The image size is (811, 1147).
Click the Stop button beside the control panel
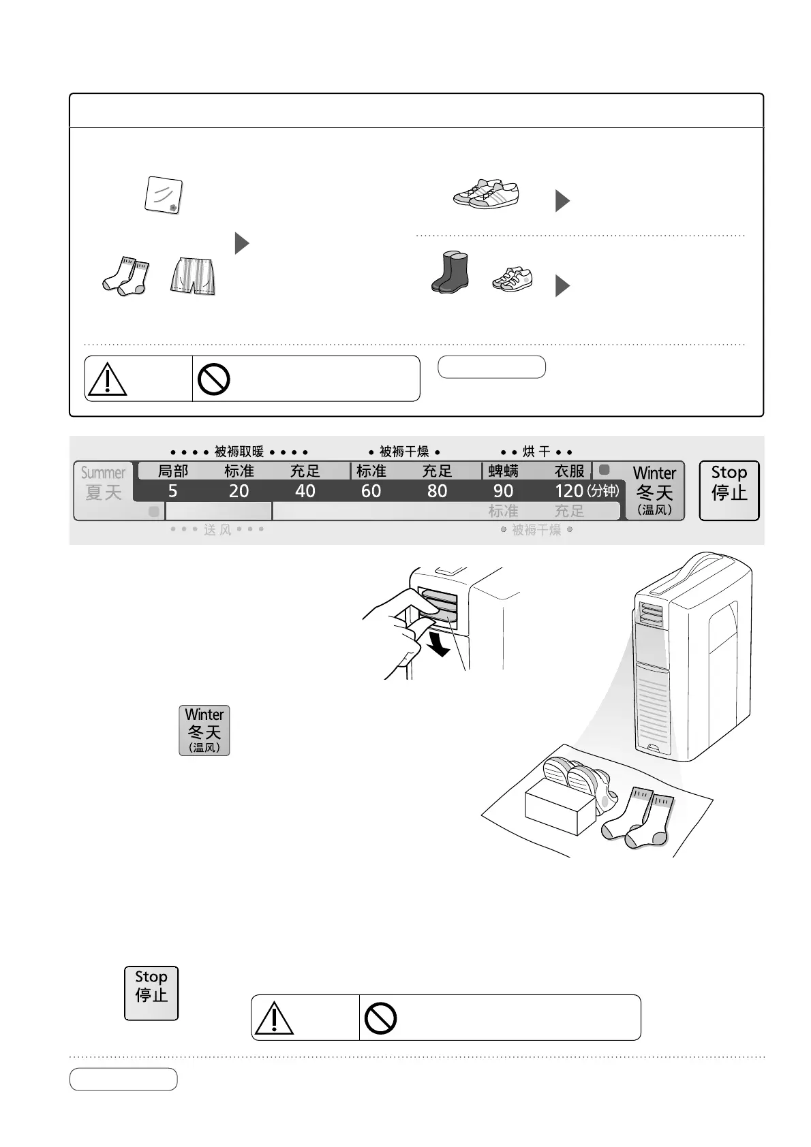pyautogui.click(x=729, y=490)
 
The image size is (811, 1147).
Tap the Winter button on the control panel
pyautogui.click(x=654, y=490)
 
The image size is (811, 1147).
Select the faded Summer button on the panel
pyautogui.click(x=103, y=483)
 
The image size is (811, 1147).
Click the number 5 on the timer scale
pyautogui.click(x=172, y=491)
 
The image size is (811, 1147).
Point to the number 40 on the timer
pyautogui.click(x=305, y=491)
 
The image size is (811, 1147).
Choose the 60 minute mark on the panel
pyautogui.click(x=371, y=491)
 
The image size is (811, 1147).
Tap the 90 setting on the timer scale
pyautogui.click(x=503, y=491)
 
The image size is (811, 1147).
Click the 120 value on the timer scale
pyautogui.click(x=568, y=491)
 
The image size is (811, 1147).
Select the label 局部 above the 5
pyautogui.click(x=172, y=471)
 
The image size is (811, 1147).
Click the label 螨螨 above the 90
pyautogui.click(x=503, y=471)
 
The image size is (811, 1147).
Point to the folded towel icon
pyautogui.click(x=164, y=195)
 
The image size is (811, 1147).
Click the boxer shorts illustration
pyautogui.click(x=194, y=276)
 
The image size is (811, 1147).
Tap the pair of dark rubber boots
pyautogui.click(x=450, y=272)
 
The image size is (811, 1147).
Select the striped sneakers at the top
pyautogui.click(x=486, y=193)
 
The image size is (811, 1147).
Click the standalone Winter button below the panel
pyautogui.click(x=204, y=730)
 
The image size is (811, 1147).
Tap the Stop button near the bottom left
pyautogui.click(x=151, y=992)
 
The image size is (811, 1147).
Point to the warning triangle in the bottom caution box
pyautogui.click(x=273, y=1018)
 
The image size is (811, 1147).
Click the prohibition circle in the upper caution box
pyautogui.click(x=213, y=379)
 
